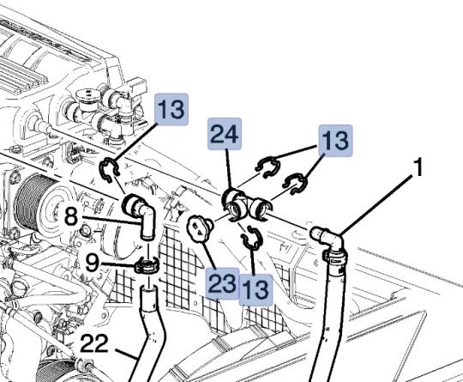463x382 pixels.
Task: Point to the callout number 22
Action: [94, 345]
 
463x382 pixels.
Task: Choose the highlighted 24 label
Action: [225, 134]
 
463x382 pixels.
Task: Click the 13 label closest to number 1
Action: [335, 142]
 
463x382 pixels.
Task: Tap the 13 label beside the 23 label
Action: [256, 288]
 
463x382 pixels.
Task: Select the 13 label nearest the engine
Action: [170, 110]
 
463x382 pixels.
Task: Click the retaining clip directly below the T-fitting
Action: [251, 240]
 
